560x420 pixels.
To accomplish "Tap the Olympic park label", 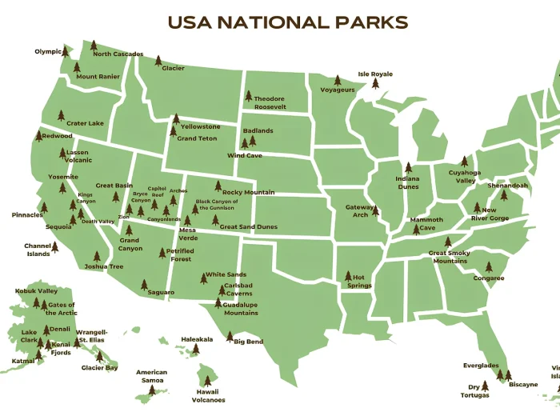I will tap(48, 52).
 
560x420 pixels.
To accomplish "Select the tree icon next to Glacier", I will tap(158, 60).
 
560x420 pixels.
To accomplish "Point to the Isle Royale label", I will tap(375, 74).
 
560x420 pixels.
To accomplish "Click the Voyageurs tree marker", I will tap(337, 80).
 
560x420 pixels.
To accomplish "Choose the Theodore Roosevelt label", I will tap(270, 102).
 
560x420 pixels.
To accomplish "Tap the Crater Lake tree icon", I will tap(59, 115).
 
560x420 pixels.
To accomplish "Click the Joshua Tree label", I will tap(104, 266).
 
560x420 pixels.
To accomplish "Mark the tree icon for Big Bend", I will tap(230, 336).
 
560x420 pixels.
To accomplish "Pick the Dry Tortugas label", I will tap(474, 391).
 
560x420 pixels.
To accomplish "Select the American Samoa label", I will tap(151, 376).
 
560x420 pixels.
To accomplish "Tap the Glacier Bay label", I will tap(99, 368).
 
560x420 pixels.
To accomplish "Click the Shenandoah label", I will tap(507, 186).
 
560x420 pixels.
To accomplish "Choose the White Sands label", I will tap(225, 274).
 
